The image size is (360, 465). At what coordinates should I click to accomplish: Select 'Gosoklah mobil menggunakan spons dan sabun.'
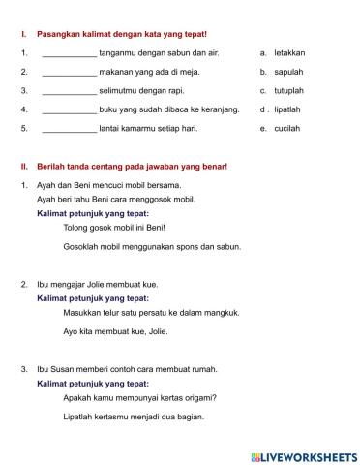(x=151, y=246)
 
